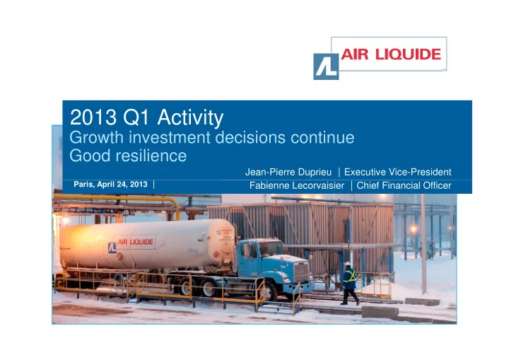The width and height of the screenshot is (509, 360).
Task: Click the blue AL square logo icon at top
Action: coord(326,66)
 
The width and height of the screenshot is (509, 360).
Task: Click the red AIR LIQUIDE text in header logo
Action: coord(391,54)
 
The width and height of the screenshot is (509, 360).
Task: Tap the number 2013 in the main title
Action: coord(93,117)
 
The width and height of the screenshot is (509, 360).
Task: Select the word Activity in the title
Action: coord(190,118)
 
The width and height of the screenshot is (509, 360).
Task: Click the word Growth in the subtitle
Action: coord(97,137)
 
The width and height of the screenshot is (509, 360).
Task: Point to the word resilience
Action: coord(152,156)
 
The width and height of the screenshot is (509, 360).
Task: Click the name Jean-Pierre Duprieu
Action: coord(288,172)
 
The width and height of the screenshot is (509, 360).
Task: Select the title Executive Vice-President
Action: coord(397,172)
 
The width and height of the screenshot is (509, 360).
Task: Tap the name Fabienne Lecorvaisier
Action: coord(297,185)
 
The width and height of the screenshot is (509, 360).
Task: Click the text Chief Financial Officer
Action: coord(404,185)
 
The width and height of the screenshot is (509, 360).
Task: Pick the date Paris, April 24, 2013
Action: coord(110,184)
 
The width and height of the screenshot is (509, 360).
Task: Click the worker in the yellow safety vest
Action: coord(350,283)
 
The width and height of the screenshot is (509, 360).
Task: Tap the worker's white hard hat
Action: coord(347,264)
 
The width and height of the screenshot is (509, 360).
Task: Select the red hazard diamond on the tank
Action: coord(216,254)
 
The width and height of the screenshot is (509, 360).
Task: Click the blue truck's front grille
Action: coord(301,272)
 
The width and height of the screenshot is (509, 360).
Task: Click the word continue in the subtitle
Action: coord(322,137)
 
